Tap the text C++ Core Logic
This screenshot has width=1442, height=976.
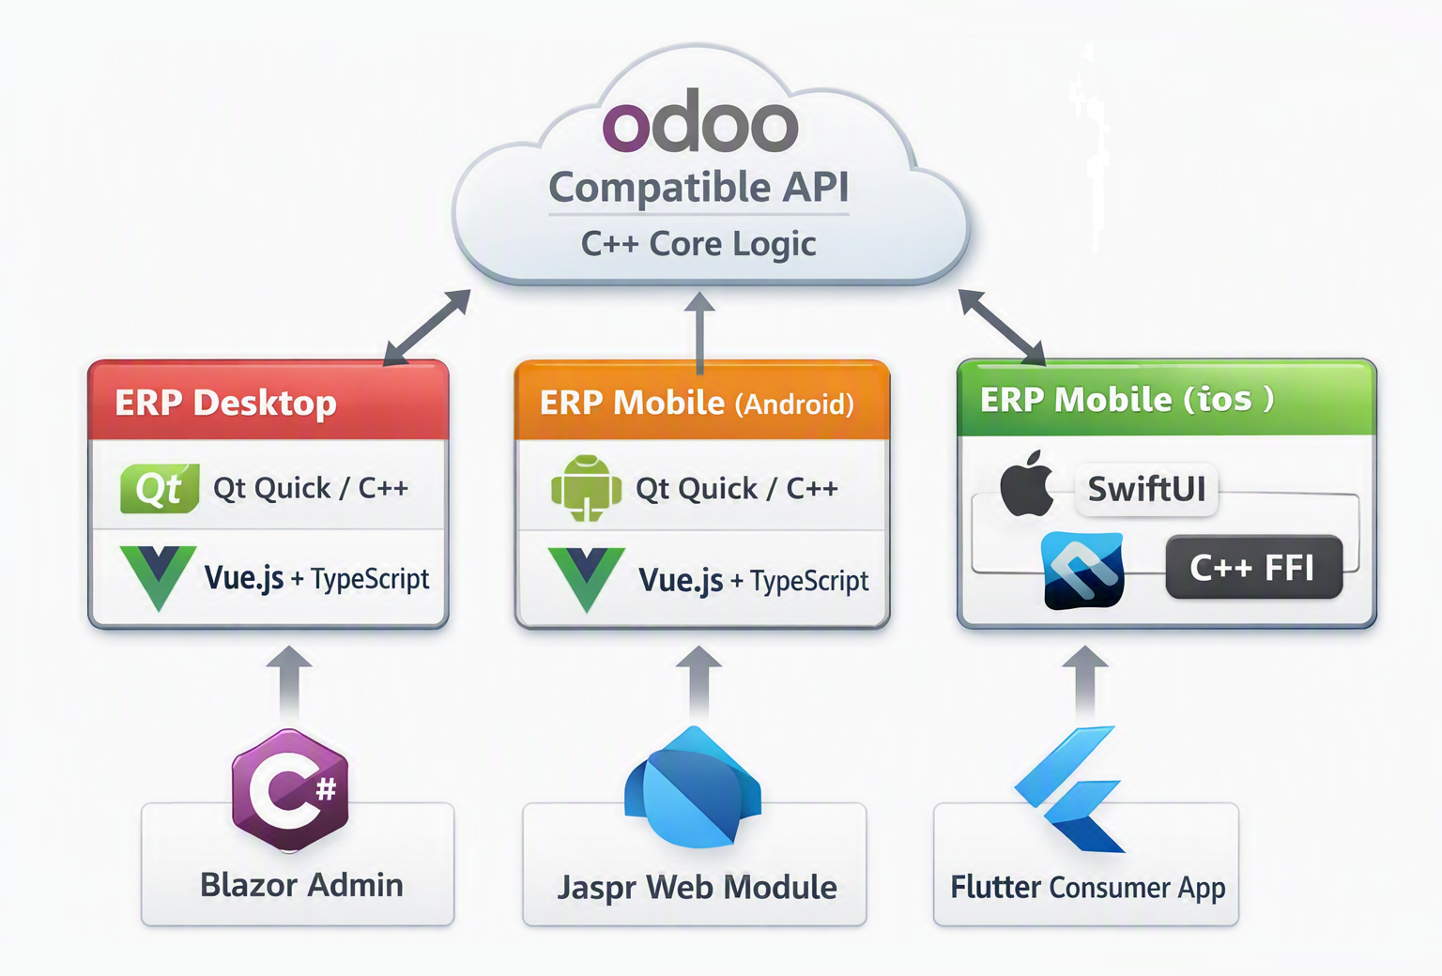coord(698,244)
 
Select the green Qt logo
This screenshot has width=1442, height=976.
coord(160,488)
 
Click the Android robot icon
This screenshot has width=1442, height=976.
coord(587,488)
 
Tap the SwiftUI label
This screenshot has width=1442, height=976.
coord(1146,489)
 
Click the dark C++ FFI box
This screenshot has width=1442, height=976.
coord(1254,567)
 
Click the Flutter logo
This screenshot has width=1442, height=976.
coord(1068,789)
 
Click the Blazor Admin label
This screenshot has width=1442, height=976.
coord(302,885)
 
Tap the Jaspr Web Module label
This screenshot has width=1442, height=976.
coord(698,887)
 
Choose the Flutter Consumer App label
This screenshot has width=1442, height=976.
coord(1088,888)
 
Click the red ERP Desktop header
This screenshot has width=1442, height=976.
coord(268,400)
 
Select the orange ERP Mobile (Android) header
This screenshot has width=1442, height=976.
coord(702,400)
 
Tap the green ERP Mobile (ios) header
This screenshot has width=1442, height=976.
coord(1167,398)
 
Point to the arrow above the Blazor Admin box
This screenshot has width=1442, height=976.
coord(289,682)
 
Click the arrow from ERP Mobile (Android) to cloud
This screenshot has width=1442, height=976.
coord(699,333)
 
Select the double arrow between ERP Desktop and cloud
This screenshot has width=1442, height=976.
coord(427,328)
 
